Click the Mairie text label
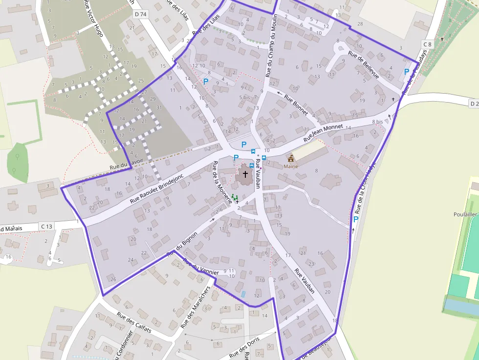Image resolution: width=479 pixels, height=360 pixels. point(291,167)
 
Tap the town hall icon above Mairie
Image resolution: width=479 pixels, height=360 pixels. point(291,158)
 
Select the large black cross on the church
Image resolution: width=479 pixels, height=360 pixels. point(245,174)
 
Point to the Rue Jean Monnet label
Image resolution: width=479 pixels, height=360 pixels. point(323,132)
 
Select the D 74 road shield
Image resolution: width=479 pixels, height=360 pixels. point(140,14)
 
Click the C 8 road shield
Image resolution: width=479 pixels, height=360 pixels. point(428,44)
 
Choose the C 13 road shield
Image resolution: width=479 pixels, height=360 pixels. point(46,226)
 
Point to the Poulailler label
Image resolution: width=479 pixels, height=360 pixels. point(465,214)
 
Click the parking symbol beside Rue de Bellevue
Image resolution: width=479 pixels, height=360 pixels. point(407,72)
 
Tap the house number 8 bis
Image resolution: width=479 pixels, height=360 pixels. point(377,122)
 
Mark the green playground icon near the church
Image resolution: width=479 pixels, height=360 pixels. point(234,198)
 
